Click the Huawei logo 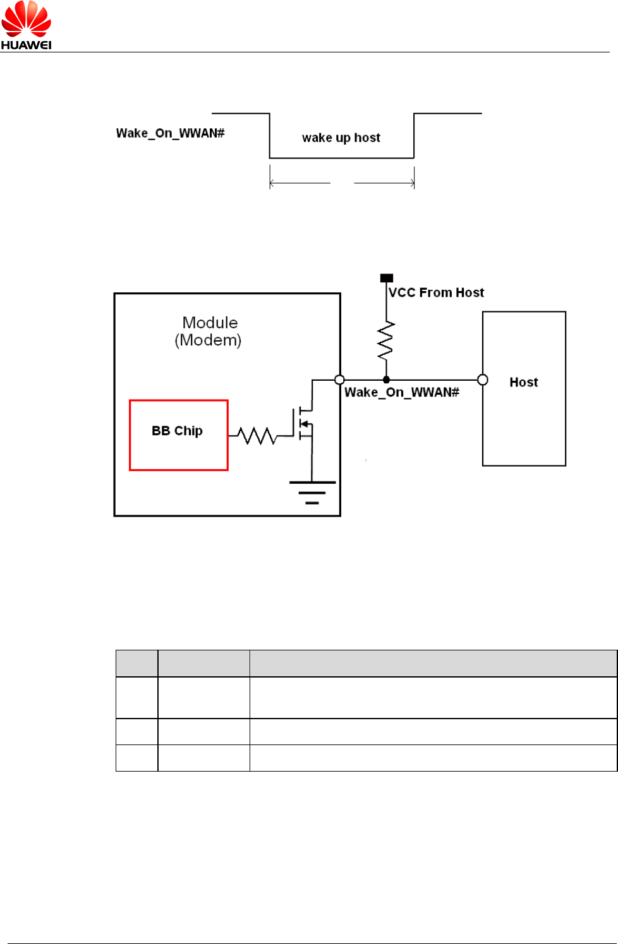click(x=26, y=25)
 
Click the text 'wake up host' click(x=341, y=138)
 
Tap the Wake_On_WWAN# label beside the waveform click(x=170, y=133)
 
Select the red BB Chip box click(x=178, y=435)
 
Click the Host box click(x=524, y=388)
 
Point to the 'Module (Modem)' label click(x=209, y=332)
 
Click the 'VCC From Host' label click(x=436, y=292)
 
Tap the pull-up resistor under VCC click(x=385, y=341)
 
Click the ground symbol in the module click(x=312, y=492)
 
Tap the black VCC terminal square click(x=387, y=278)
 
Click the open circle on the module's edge click(x=339, y=379)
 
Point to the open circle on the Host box click(x=483, y=379)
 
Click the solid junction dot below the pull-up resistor click(x=386, y=379)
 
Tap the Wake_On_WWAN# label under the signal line click(x=402, y=392)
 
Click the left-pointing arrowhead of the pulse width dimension click(x=272, y=183)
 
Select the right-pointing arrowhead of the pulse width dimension click(x=412, y=183)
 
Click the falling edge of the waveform click(x=270, y=136)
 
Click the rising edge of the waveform click(x=414, y=136)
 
